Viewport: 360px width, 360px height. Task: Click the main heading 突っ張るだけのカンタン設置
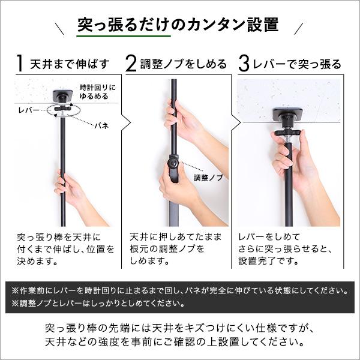[x=178, y=26]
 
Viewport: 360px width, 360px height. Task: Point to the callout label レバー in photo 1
[x=29, y=110]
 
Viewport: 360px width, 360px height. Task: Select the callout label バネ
[x=100, y=126]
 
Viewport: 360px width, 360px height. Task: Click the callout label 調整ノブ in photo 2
[x=208, y=178]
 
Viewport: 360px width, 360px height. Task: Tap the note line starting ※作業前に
[x=178, y=291]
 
